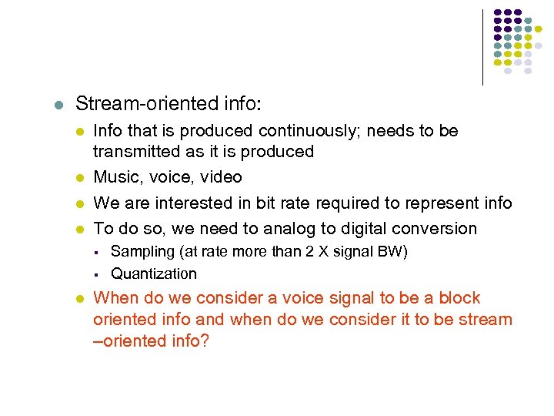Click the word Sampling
pos(141,252)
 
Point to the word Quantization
pos(154,273)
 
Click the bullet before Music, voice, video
pos(79,178)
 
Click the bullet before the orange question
pos(79,299)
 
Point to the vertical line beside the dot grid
pos(483,46)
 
